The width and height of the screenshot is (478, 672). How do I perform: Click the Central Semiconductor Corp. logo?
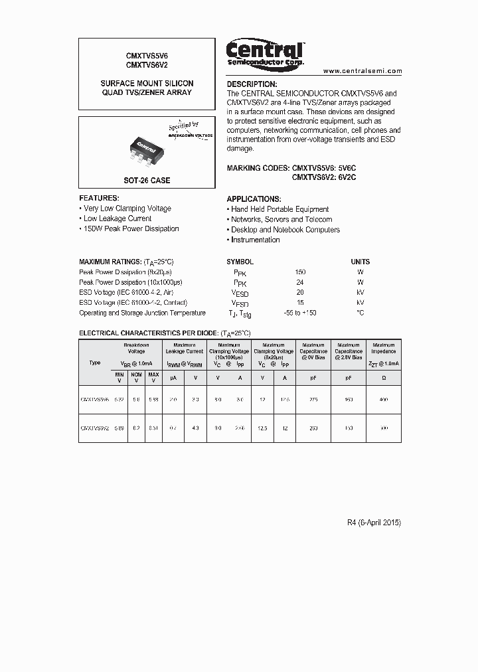click(265, 52)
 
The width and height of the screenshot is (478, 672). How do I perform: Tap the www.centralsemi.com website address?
click(362, 70)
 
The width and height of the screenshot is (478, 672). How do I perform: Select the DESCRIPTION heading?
click(252, 84)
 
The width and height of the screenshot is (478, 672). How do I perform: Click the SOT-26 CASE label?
click(147, 181)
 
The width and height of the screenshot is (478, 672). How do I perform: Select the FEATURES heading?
click(100, 198)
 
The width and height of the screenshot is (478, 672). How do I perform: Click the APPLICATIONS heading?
click(254, 199)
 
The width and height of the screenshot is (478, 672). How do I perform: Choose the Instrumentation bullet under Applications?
click(255, 240)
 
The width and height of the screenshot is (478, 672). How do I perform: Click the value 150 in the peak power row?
click(300, 272)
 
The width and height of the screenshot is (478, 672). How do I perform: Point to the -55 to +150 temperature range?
click(300, 313)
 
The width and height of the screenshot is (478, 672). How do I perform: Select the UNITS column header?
click(360, 262)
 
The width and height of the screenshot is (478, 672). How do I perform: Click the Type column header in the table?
click(95, 363)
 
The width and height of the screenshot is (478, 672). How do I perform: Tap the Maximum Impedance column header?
click(384, 348)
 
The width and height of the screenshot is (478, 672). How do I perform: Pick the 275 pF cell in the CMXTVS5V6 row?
click(313, 400)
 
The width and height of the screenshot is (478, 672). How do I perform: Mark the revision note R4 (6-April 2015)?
click(374, 523)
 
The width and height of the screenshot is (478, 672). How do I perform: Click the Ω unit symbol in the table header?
click(384, 377)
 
